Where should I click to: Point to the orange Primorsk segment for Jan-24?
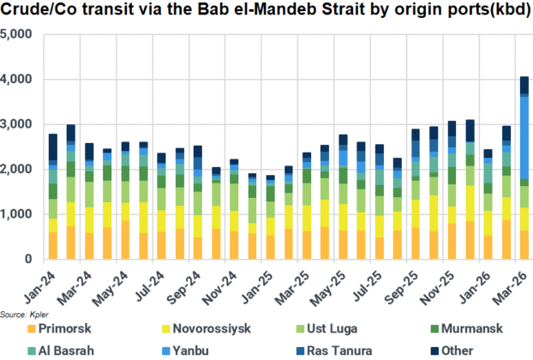(x=53, y=245)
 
